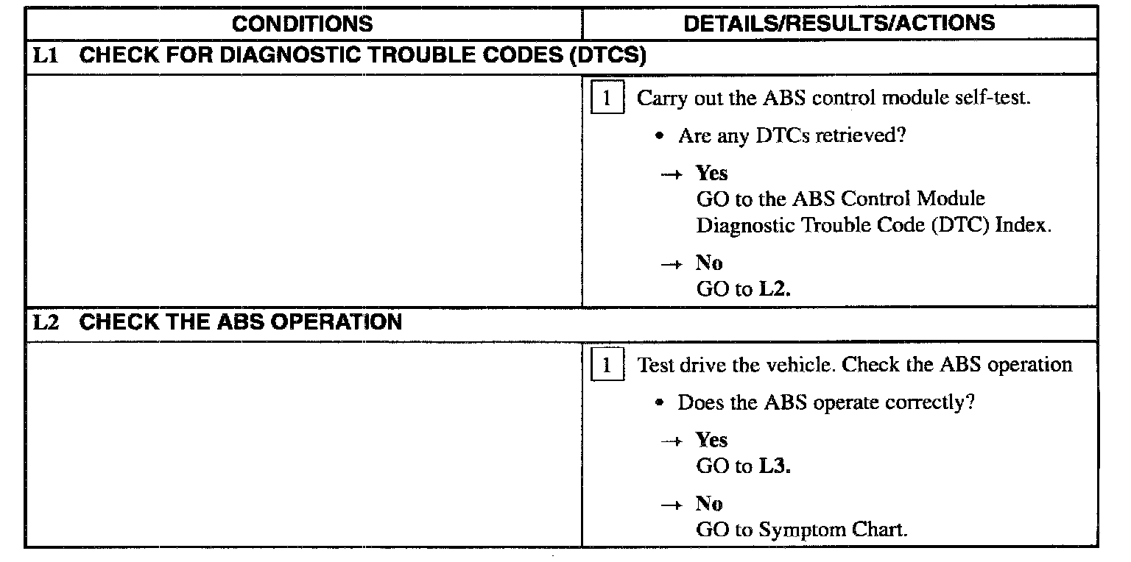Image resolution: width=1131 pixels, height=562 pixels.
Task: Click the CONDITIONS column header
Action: pos(302,24)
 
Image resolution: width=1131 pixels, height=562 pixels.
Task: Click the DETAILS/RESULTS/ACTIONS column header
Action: pos(839,23)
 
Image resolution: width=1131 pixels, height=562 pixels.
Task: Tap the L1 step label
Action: pos(46,57)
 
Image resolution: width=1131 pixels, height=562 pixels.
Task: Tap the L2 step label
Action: pos(46,322)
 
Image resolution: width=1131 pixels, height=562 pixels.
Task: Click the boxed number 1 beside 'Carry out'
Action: pos(607,99)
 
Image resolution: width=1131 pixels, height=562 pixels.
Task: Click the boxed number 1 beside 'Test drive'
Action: pos(607,366)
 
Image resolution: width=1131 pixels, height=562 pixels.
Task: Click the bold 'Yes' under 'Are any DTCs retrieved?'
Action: pos(711,173)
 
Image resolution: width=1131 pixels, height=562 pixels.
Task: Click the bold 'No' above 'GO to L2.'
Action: pos(709,263)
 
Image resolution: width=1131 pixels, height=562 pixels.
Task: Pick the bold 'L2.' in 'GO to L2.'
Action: pos(774,289)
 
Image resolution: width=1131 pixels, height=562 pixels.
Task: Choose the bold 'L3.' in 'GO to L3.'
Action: pos(774,466)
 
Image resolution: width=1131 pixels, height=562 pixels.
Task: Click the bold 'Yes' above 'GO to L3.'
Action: pos(711,440)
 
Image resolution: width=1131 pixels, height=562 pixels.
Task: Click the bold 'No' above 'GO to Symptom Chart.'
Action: pos(709,504)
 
